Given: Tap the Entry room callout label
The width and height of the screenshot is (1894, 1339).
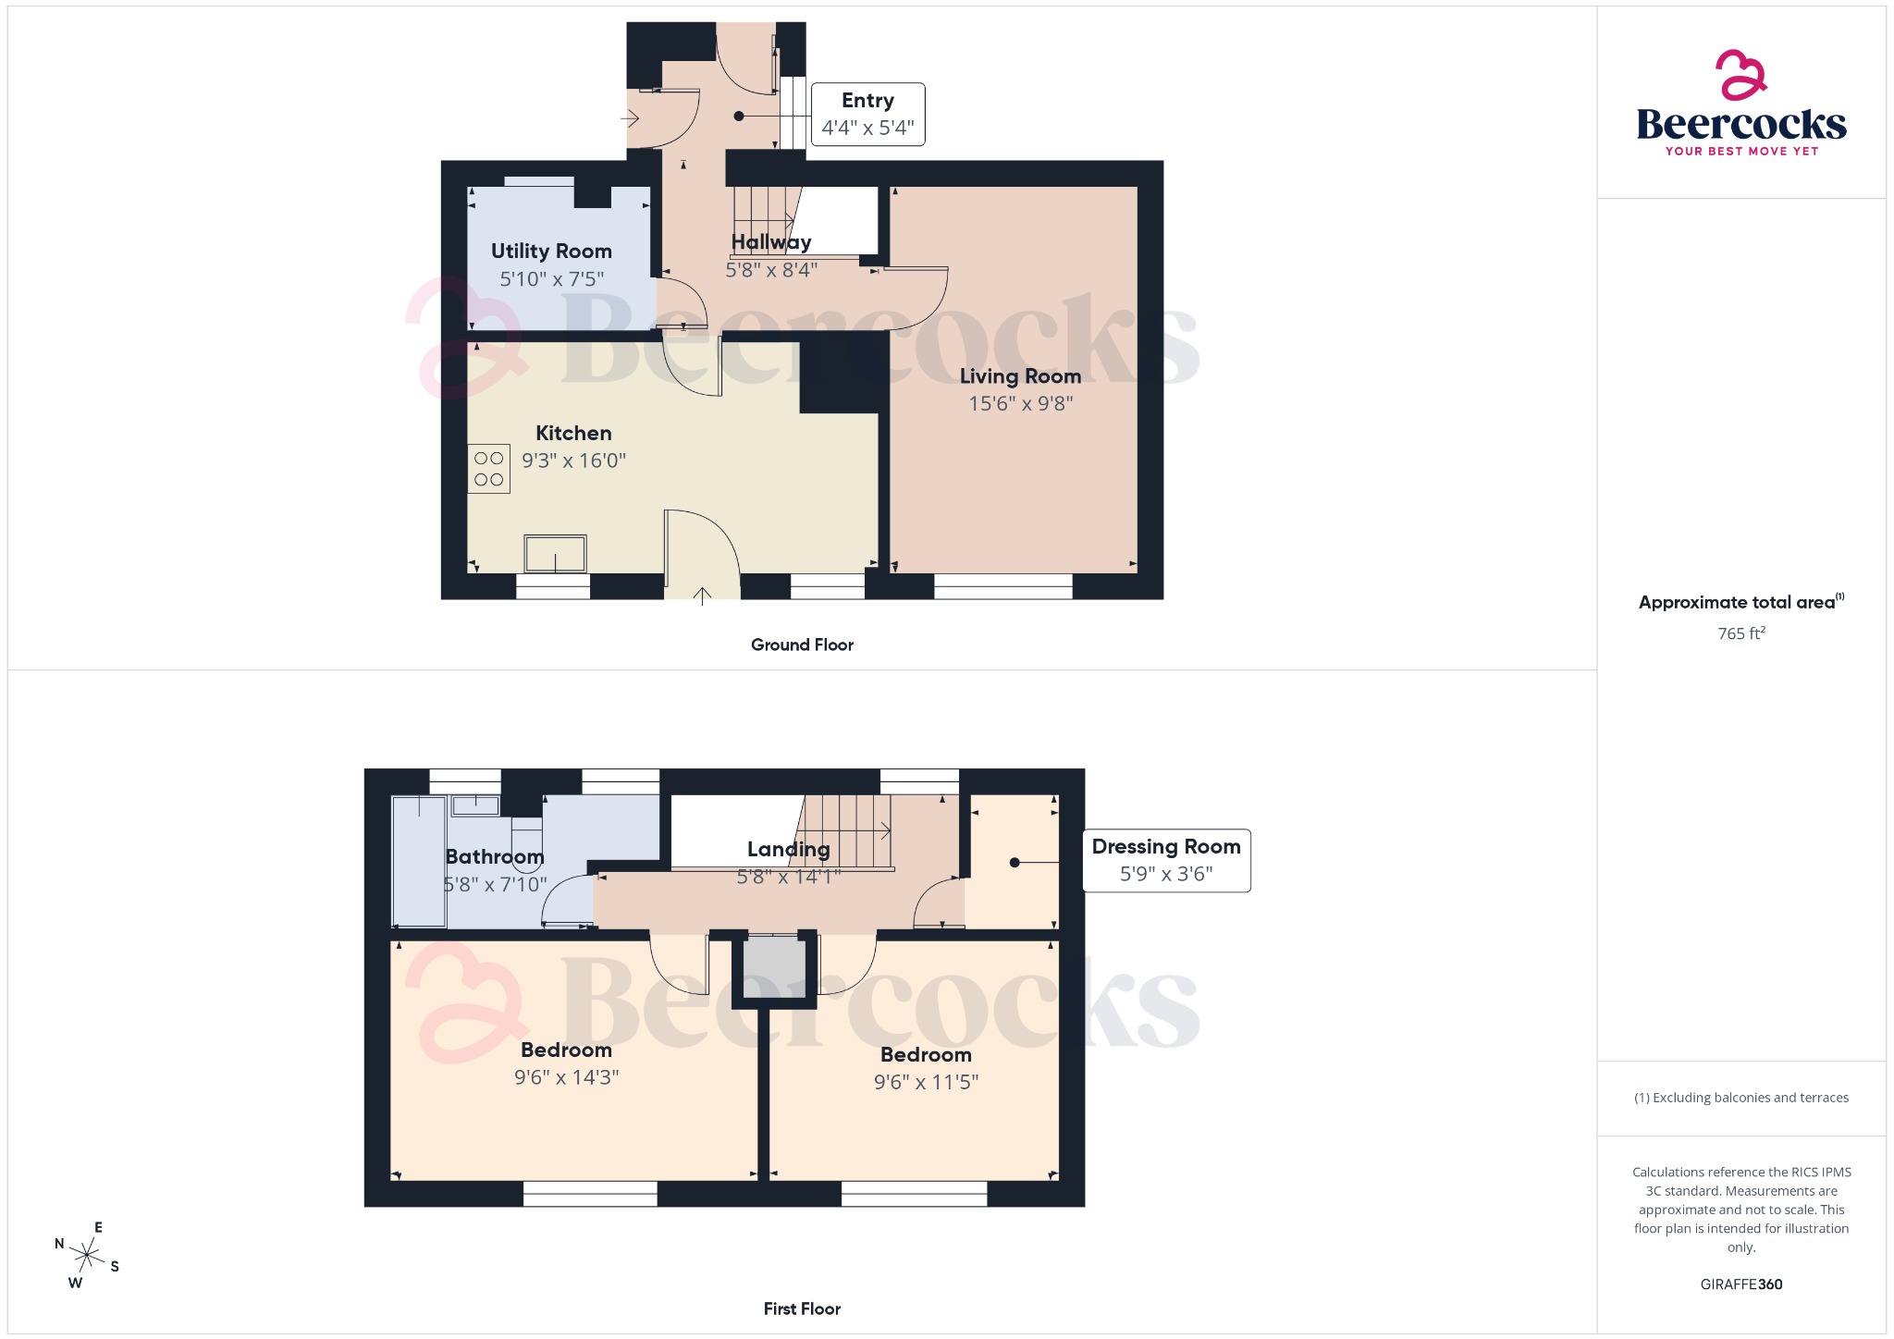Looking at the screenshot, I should (x=867, y=114).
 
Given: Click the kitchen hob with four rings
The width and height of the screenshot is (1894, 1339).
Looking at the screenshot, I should (x=488, y=469).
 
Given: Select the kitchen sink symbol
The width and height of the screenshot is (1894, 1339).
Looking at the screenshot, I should (x=555, y=554).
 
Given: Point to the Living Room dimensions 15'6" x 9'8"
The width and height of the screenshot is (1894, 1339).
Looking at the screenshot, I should (x=1020, y=403).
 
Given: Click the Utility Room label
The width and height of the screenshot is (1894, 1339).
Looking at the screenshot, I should (x=551, y=252).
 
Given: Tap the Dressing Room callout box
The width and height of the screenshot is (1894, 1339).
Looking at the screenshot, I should (x=1165, y=860).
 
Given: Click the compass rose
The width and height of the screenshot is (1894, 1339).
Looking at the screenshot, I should (x=87, y=1255).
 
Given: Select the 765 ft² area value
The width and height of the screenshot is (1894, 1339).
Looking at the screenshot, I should (x=1740, y=633).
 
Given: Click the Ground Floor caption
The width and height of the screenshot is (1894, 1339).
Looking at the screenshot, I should (x=802, y=645).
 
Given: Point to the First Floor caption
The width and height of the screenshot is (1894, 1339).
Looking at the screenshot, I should (x=802, y=1308).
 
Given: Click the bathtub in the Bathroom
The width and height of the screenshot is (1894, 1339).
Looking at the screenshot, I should (x=419, y=860).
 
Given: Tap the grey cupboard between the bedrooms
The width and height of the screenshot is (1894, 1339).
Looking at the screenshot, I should (x=775, y=967).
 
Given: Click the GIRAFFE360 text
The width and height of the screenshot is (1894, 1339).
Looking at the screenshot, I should (x=1740, y=1284).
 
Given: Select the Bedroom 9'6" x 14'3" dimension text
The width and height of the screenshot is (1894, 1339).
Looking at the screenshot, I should (x=566, y=1077).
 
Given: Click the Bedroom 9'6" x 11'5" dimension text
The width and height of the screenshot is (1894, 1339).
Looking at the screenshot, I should (x=926, y=1082).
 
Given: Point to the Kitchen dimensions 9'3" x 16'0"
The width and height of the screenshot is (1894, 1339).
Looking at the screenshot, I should (x=573, y=461).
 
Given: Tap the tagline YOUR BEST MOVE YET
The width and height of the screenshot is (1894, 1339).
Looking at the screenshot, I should (x=1740, y=151).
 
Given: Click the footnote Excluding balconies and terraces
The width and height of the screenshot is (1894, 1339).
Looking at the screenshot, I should (x=1740, y=1098).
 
